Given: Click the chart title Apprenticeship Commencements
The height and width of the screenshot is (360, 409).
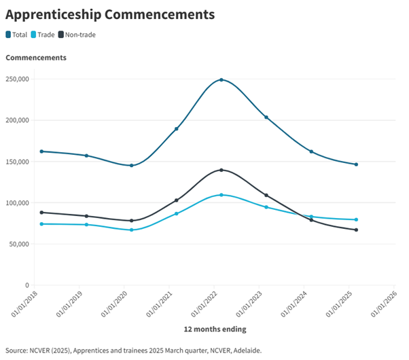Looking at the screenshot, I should (x=110, y=14).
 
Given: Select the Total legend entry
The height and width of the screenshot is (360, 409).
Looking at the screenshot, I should (x=16, y=35).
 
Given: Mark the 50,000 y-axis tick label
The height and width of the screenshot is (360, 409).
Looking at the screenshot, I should (x=18, y=245).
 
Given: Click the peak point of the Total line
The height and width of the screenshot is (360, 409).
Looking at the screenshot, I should (x=221, y=80).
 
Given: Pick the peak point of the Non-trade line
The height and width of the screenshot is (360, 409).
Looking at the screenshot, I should (x=221, y=170).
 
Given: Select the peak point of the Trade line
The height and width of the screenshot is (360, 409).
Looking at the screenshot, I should (x=221, y=195).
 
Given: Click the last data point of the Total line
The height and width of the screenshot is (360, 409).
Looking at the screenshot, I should (x=356, y=164).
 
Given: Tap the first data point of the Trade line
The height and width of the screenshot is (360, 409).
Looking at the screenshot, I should (x=41, y=224).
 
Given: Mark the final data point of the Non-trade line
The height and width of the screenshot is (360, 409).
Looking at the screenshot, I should (x=356, y=230).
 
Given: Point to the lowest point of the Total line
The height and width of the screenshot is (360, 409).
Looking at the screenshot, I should (x=131, y=166).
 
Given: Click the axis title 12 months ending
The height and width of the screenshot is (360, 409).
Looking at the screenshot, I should (x=215, y=329).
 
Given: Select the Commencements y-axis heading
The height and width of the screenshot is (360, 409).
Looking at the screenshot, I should (x=36, y=58).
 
